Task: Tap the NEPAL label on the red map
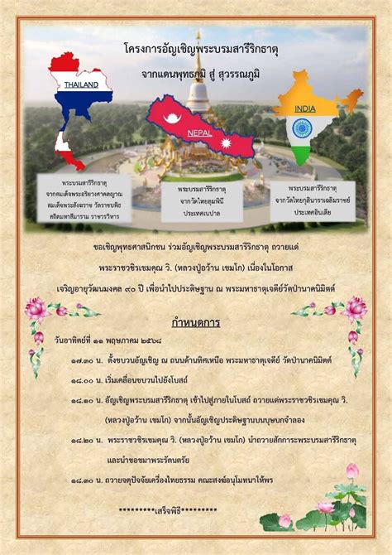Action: [199, 133]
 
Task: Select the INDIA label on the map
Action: [304, 109]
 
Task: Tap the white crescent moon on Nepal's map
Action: [173, 118]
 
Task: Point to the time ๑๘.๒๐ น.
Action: [86, 441]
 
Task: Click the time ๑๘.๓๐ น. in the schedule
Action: [86, 480]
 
